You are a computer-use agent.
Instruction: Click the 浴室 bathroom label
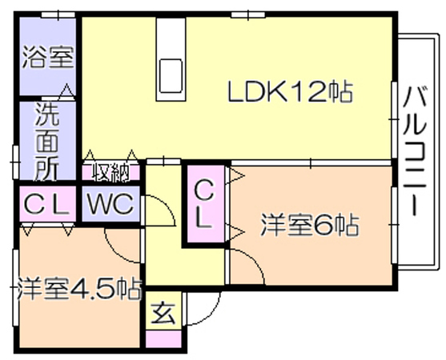click(48, 57)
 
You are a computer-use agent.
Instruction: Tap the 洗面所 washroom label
click(47, 142)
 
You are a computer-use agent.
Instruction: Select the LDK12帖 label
click(290, 91)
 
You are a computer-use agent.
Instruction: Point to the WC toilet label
click(110, 204)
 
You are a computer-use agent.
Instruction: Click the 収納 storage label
click(111, 172)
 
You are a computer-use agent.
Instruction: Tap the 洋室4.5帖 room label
click(79, 287)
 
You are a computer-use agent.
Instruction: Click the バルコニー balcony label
click(416, 151)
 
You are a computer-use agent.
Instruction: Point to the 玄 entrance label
click(163, 313)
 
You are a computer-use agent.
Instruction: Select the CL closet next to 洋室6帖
click(203, 204)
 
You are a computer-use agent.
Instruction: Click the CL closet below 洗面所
click(47, 204)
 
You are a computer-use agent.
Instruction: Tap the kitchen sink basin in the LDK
click(171, 75)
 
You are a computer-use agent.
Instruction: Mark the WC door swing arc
click(167, 205)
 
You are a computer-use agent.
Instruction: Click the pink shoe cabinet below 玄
click(163, 338)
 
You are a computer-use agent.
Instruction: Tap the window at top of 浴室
click(58, 14)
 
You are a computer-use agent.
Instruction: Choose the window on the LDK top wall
click(247, 14)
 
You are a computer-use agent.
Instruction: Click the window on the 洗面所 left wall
click(16, 162)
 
